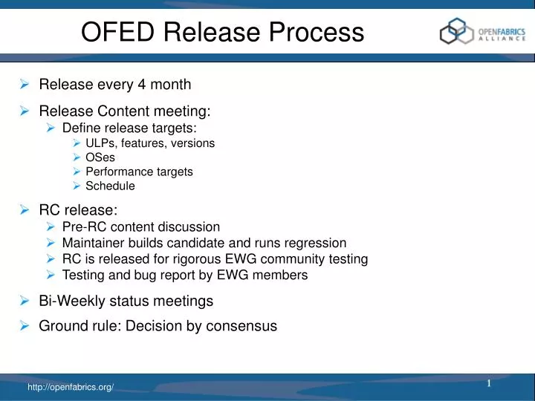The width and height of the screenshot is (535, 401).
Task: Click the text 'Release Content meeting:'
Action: coord(125,111)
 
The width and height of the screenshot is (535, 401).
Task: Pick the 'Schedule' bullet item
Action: coord(110,186)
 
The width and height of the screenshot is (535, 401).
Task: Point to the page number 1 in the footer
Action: coord(490,383)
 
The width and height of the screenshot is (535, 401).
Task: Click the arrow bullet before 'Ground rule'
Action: coord(25,325)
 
